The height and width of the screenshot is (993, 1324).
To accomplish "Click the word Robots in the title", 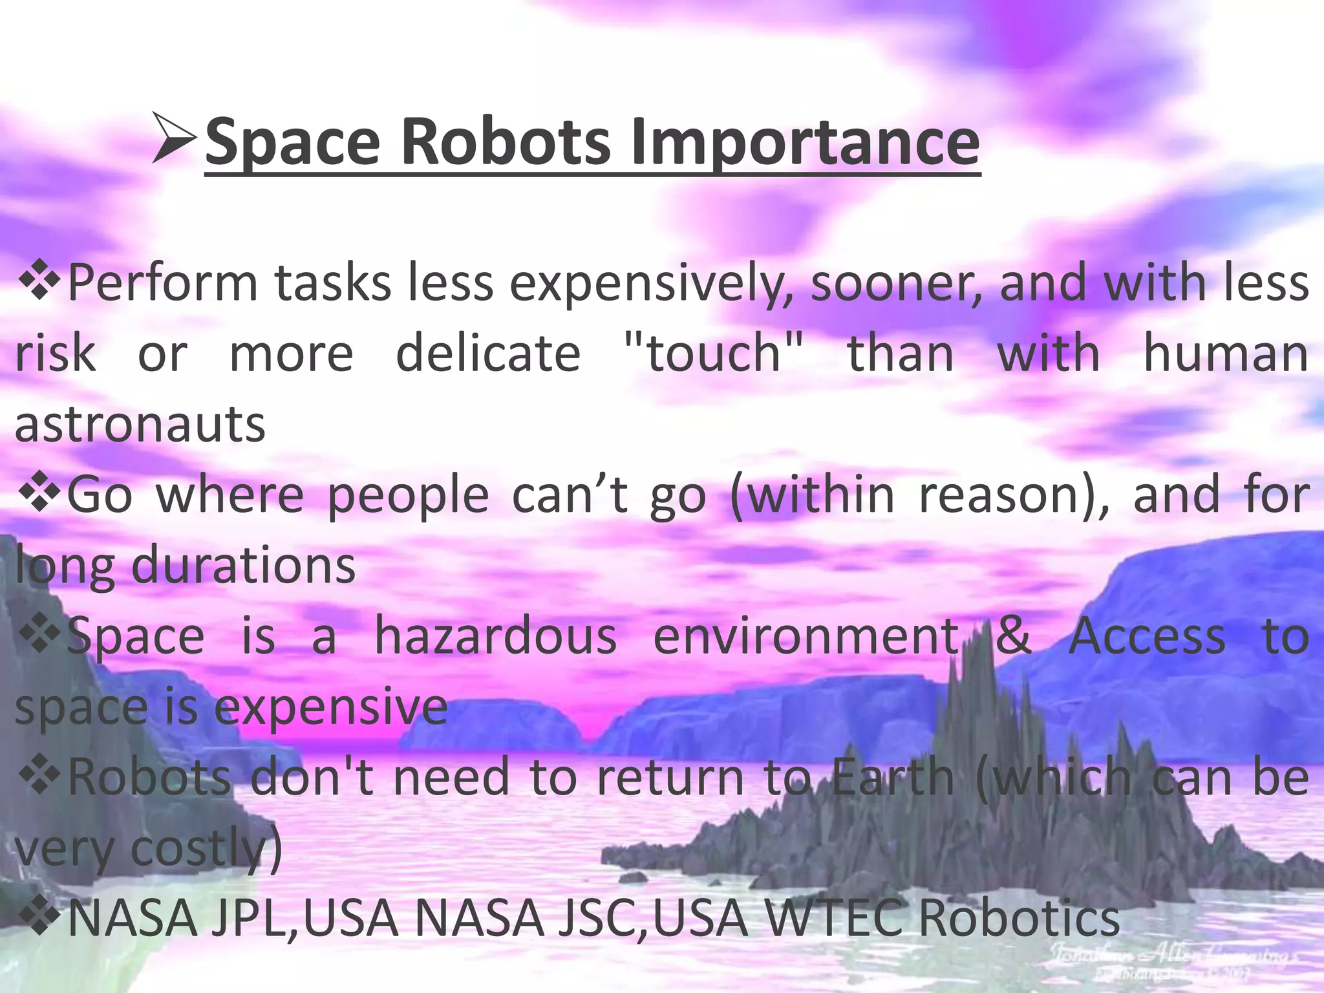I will coord(504,141).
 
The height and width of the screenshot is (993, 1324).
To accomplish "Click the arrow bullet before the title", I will coord(175,137).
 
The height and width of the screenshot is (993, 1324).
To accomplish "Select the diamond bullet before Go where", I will coord(39,495).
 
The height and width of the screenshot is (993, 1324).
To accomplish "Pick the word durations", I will coord(244,565).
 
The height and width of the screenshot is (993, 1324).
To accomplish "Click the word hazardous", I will coord(496,636).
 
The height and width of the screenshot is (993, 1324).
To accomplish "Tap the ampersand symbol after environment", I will coord(1013,636).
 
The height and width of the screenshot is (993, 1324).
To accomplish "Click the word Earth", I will coord(892,777).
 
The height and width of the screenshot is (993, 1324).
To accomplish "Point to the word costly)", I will coord(207,849).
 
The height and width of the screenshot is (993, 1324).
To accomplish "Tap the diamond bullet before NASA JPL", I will coord(39,918).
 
